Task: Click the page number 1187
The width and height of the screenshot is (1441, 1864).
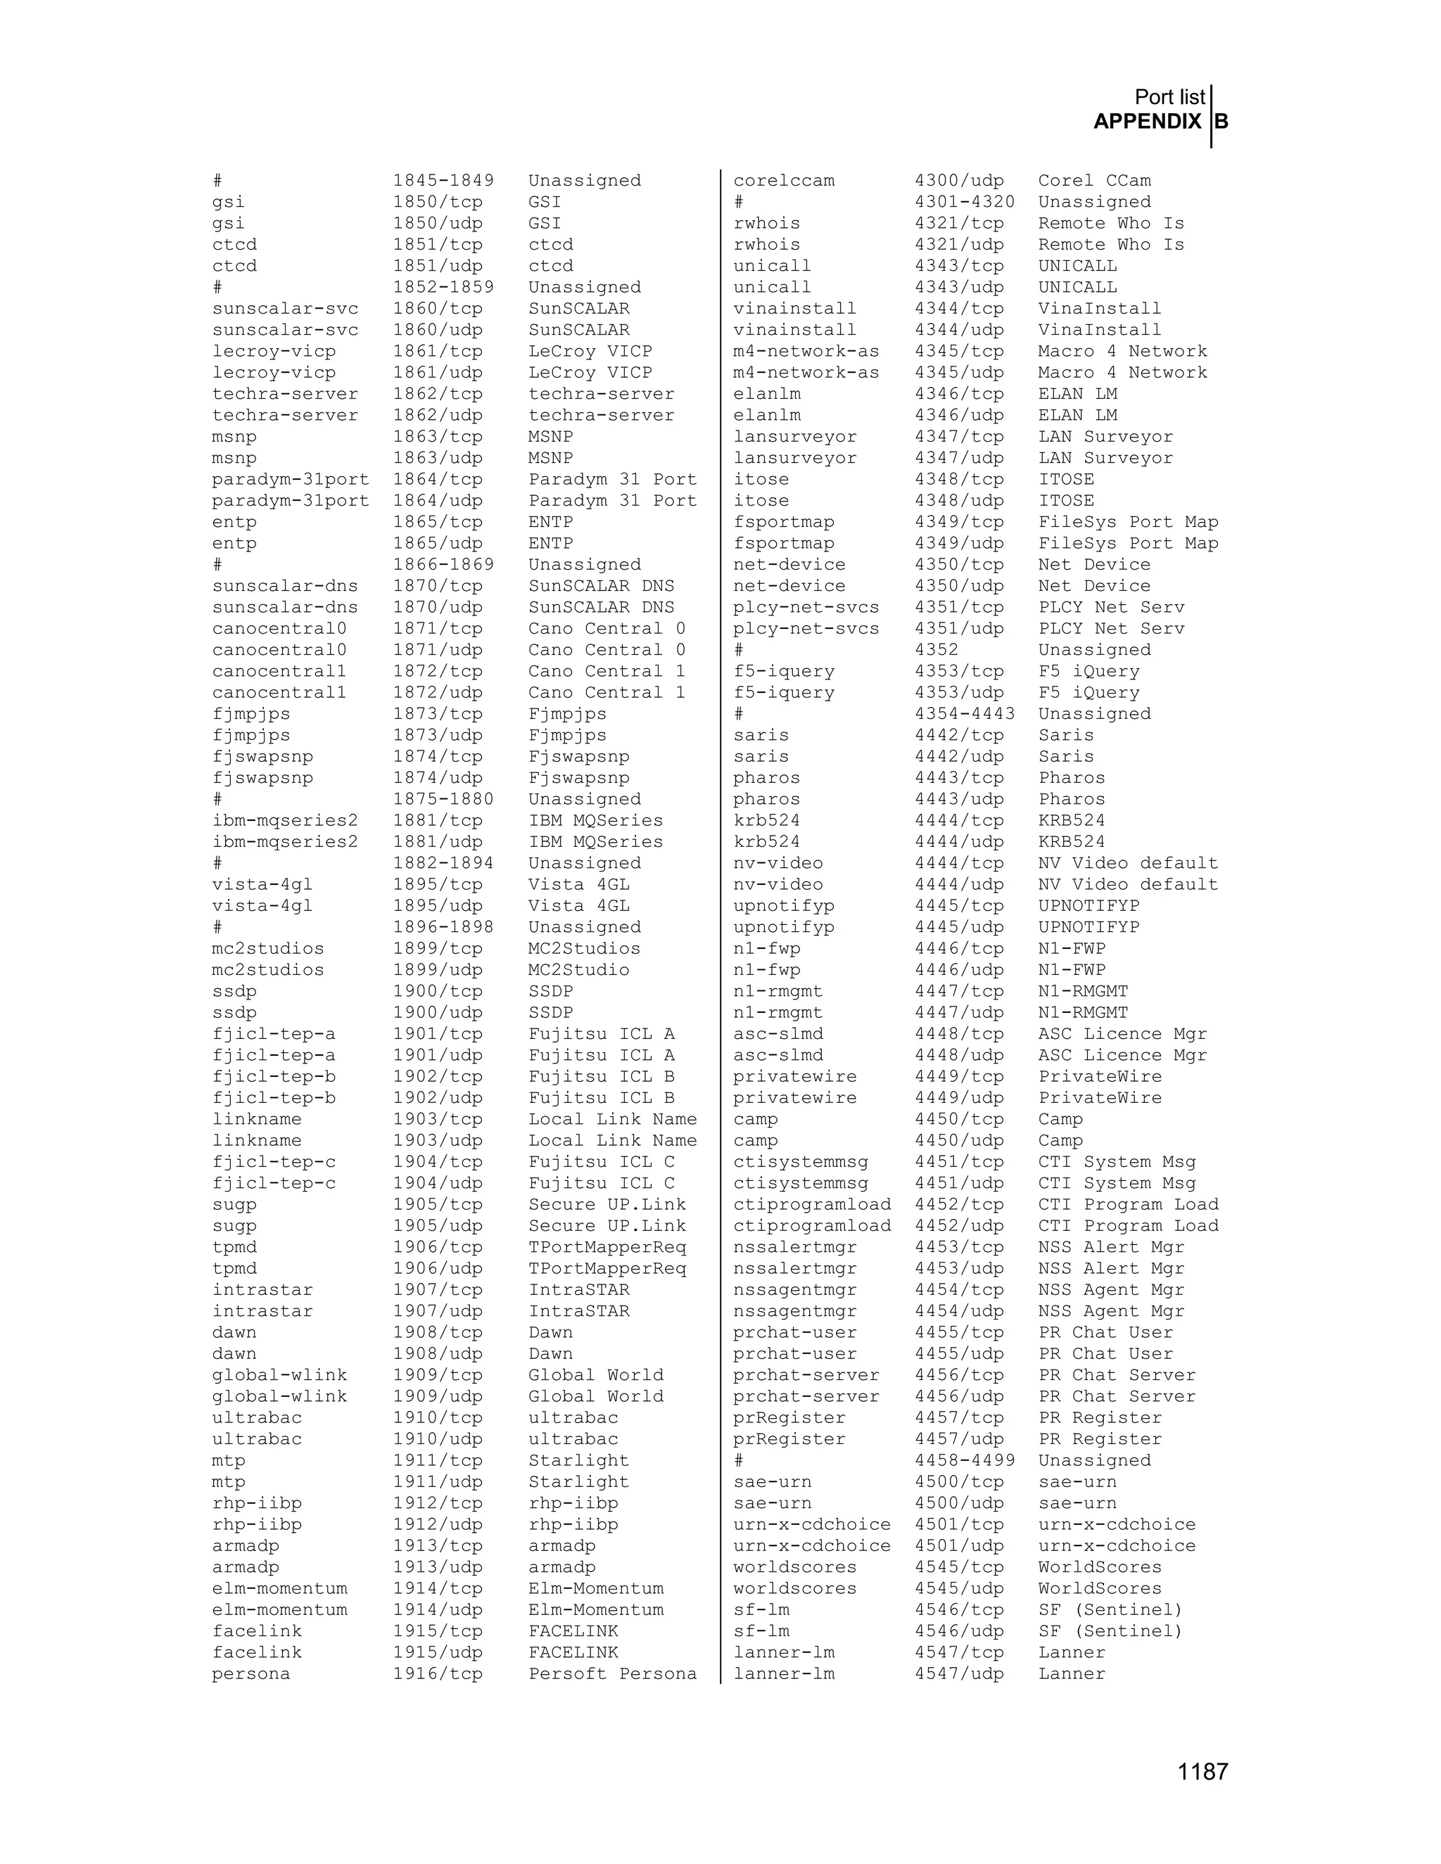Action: click(x=1202, y=1772)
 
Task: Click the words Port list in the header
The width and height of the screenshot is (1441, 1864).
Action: click(x=1169, y=97)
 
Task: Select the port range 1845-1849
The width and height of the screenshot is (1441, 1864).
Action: click(x=443, y=181)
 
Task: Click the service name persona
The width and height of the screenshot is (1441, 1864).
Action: click(x=251, y=1673)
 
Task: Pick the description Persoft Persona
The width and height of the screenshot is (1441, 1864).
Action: click(x=612, y=1673)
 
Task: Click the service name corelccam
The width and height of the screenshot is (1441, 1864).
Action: click(x=784, y=181)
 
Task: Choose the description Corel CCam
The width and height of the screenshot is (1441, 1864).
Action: click(x=1094, y=181)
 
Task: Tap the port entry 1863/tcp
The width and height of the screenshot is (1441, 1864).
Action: click(x=437, y=437)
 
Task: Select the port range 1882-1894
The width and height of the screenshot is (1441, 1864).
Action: click(x=443, y=863)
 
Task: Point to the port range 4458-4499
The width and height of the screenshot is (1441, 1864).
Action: click(x=965, y=1460)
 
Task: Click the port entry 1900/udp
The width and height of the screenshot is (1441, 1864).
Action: click(x=437, y=1012)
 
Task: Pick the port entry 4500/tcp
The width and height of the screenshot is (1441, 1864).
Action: click(x=959, y=1481)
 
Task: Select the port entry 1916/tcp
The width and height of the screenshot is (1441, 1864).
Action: click(x=437, y=1673)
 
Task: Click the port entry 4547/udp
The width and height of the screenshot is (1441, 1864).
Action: click(x=959, y=1673)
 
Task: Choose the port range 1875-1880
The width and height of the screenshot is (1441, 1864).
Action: click(x=443, y=800)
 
